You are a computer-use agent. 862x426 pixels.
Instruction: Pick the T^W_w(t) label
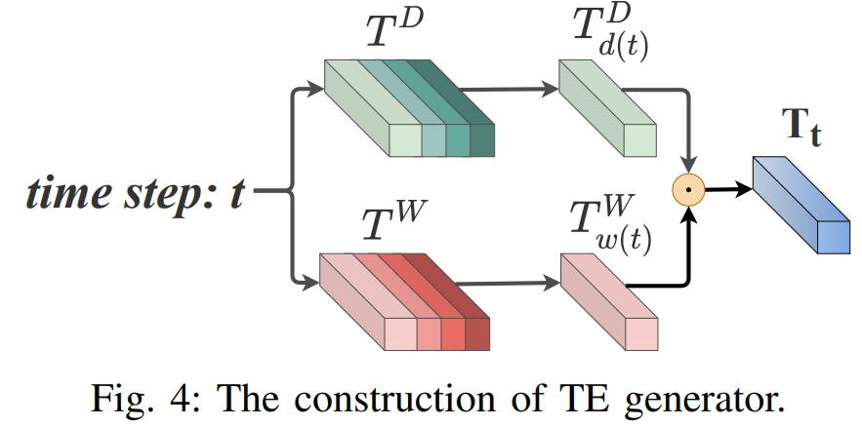(607, 226)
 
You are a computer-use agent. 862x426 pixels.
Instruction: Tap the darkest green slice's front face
(482, 142)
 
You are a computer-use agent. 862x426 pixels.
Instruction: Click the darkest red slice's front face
(477, 334)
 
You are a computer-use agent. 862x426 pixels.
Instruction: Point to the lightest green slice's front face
(404, 141)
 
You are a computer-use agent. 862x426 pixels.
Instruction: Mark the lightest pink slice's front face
(400, 335)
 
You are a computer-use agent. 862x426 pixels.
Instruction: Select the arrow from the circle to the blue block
(727, 188)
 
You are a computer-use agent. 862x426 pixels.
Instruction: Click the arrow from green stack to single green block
(508, 90)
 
